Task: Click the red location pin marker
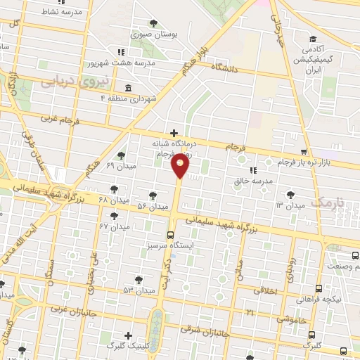(x=181, y=166)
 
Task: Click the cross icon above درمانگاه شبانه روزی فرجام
(x=174, y=132)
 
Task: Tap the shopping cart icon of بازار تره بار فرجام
(x=303, y=152)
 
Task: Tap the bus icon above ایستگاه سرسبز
(x=169, y=236)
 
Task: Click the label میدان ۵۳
(x=139, y=290)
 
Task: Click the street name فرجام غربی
(x=58, y=121)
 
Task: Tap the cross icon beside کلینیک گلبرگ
(x=127, y=335)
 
